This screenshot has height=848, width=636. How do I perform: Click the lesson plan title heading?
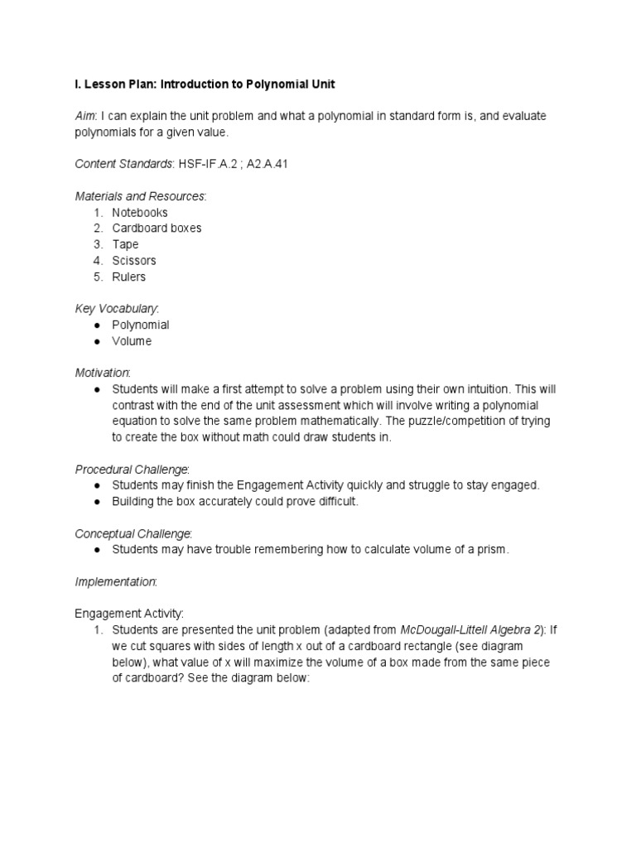pos(205,85)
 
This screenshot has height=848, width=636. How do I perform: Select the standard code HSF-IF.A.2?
pos(206,165)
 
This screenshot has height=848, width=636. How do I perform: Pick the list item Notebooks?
pos(140,212)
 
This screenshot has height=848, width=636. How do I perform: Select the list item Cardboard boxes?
pos(157,228)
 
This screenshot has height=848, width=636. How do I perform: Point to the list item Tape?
pos(125,244)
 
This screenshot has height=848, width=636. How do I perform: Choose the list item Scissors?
pos(134,260)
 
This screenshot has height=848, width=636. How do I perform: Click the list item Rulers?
pos(128,277)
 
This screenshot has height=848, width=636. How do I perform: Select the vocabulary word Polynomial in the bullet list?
pos(141,325)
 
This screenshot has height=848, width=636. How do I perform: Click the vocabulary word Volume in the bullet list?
pos(132,341)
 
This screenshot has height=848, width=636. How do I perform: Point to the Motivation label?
pos(102,373)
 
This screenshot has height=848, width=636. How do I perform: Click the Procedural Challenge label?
pos(132,470)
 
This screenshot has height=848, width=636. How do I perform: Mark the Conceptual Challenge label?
pos(133,533)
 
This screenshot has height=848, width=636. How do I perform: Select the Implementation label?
pos(116,581)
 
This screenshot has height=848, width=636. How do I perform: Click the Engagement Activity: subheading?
pos(129,614)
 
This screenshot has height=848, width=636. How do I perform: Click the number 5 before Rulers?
pos(97,277)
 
